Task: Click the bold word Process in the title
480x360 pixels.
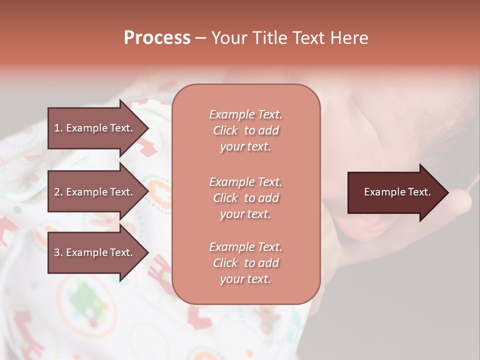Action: point(157,38)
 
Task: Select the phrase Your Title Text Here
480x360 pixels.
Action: point(289,38)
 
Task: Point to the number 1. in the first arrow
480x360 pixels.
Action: point(58,128)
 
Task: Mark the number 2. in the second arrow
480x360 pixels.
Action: point(58,192)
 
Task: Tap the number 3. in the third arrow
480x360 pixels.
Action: point(58,252)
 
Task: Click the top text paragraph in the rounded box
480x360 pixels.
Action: point(245,130)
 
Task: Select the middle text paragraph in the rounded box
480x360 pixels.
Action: point(245,198)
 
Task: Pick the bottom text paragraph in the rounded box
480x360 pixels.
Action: point(245,263)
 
